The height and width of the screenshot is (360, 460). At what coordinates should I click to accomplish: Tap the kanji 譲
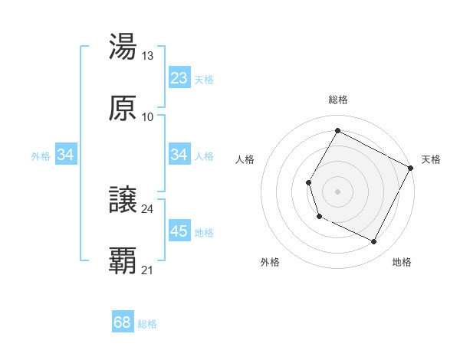[x=123, y=200]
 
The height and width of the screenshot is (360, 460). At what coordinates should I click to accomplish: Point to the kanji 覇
[x=123, y=261]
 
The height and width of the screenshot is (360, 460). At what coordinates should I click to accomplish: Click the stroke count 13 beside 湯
[x=148, y=55]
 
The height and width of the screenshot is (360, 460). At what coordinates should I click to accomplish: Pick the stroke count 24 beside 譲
[x=148, y=208]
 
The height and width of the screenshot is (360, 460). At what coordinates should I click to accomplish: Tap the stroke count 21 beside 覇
[x=148, y=270]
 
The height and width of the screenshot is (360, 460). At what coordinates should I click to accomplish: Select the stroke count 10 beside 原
[x=148, y=116]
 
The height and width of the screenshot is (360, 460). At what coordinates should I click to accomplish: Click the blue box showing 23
[x=179, y=78]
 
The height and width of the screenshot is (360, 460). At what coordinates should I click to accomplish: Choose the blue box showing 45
[x=179, y=231]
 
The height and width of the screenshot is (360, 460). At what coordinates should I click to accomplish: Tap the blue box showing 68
[x=123, y=322]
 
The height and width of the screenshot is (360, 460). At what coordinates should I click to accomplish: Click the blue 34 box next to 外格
[x=66, y=155]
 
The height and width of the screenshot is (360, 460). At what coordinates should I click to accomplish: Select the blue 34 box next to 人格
[x=179, y=155]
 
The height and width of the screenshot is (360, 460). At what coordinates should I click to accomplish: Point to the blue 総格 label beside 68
[x=147, y=324]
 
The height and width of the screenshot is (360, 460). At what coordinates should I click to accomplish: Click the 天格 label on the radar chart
[x=431, y=159]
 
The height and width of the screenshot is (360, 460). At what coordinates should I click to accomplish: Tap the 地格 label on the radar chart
[x=402, y=262]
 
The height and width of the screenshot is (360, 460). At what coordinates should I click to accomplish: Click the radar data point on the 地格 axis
[x=374, y=242]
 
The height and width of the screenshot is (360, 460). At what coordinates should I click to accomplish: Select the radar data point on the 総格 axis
[x=337, y=130]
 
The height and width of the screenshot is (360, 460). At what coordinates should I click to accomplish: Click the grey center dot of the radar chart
[x=337, y=191]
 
